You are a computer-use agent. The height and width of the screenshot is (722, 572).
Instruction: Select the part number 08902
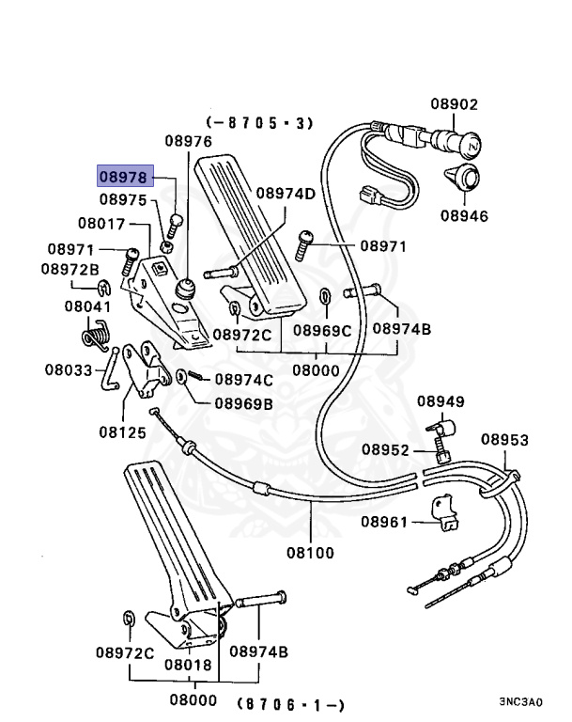(x=455, y=104)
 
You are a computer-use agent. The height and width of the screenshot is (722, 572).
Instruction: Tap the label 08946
(x=464, y=215)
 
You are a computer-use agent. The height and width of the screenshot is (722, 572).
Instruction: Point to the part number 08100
(x=310, y=553)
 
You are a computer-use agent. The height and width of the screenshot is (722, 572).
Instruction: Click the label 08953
(x=505, y=439)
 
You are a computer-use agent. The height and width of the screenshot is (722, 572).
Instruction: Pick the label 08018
(x=188, y=664)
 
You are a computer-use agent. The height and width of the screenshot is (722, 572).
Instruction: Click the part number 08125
(x=122, y=433)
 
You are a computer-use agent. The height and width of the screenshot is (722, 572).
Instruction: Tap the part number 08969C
(x=321, y=330)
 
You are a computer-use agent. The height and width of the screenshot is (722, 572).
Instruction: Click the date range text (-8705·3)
(x=259, y=122)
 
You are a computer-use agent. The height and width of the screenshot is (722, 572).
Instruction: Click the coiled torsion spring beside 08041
(x=95, y=334)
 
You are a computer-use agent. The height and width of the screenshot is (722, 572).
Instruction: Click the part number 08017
(x=101, y=224)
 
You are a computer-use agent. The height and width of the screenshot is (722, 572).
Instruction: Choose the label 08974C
(x=244, y=380)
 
